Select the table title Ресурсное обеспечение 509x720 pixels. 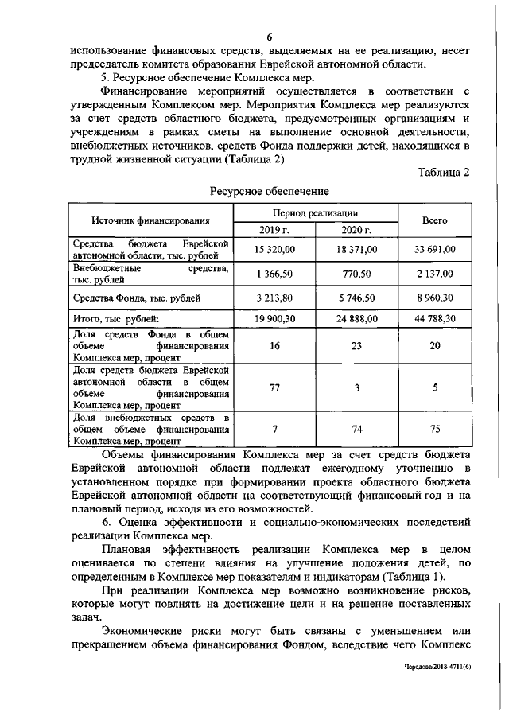click(x=270, y=192)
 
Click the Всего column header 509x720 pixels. click(x=434, y=220)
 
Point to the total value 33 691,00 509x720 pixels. click(x=434, y=250)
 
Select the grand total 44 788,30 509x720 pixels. click(x=434, y=319)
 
